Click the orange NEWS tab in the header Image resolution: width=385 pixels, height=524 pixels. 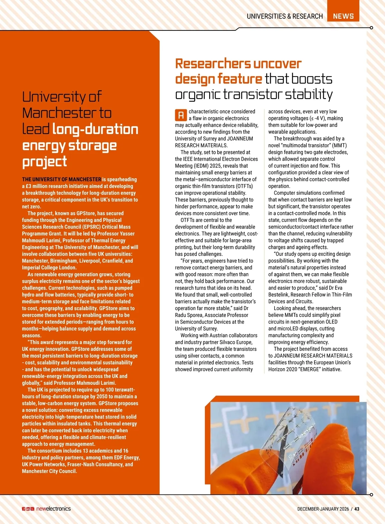(343, 16)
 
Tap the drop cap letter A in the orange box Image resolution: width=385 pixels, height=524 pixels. (181, 115)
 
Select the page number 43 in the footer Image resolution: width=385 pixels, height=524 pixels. (357, 509)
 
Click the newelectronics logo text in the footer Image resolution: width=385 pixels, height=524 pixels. (53, 509)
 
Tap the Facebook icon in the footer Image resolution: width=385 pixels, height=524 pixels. (24, 509)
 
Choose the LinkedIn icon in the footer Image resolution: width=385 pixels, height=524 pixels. (28, 509)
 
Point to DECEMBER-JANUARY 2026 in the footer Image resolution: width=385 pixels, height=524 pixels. (323, 509)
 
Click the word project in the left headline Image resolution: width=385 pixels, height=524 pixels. (45, 162)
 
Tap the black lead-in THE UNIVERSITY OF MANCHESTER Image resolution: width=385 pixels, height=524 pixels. (61, 179)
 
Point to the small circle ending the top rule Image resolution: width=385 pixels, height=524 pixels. (371, 28)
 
